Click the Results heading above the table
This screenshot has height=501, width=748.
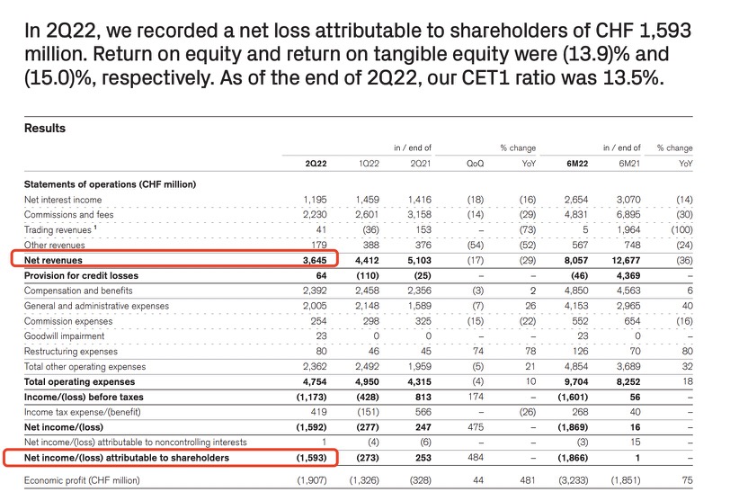44,129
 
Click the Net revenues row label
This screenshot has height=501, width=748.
54,260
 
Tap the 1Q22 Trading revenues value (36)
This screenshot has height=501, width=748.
369,230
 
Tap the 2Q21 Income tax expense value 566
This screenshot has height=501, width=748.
420,413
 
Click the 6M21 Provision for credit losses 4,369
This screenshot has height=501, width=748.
626,275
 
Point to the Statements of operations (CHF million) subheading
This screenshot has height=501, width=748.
110,184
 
